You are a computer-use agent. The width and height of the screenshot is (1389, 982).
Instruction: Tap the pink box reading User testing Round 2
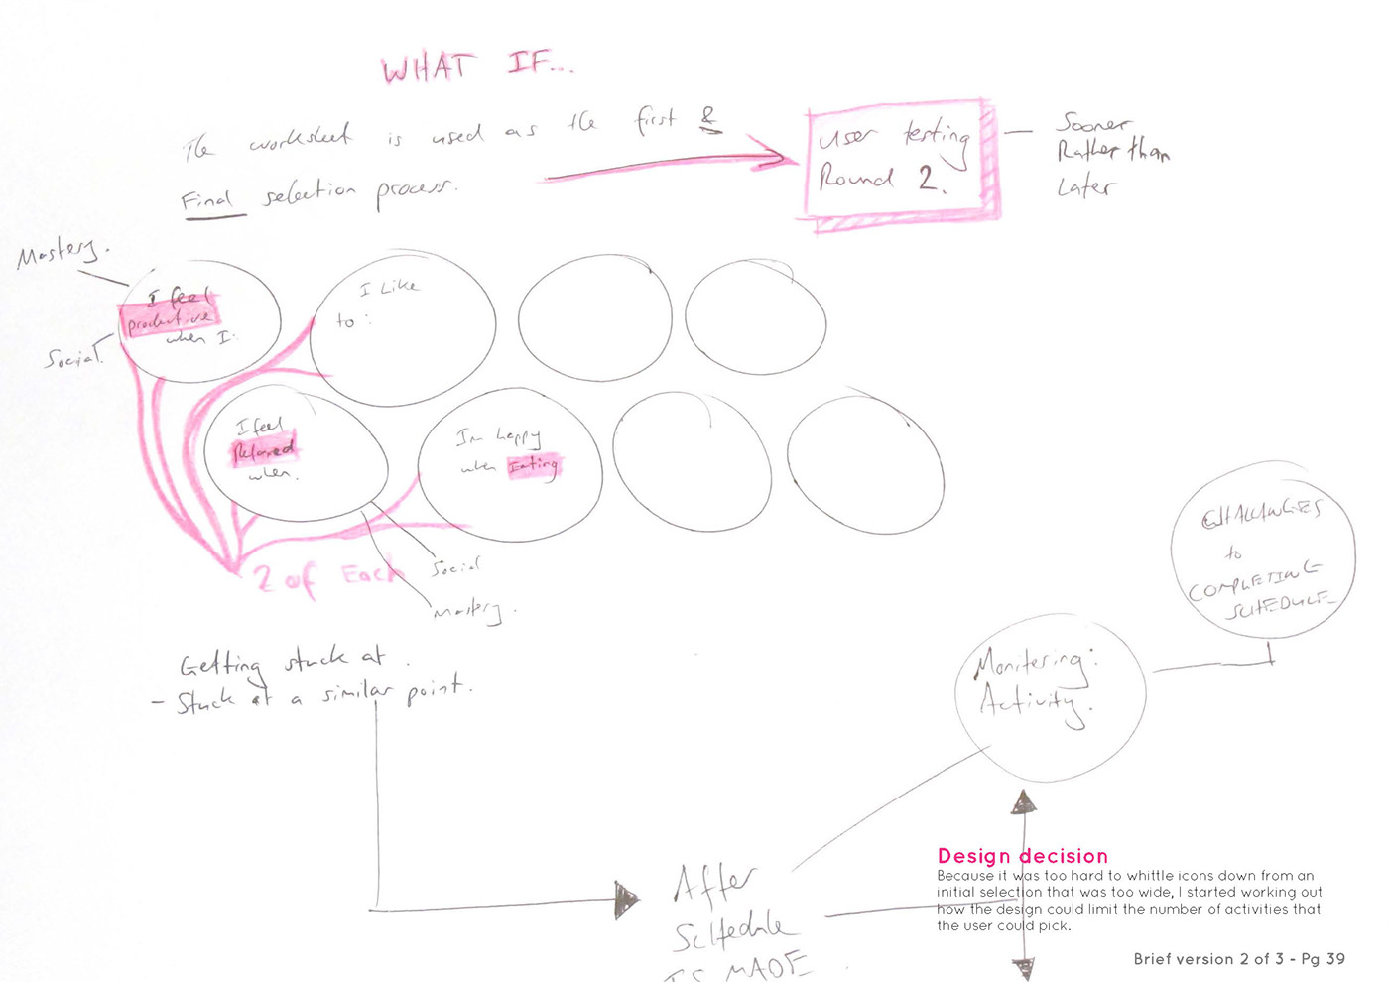898,159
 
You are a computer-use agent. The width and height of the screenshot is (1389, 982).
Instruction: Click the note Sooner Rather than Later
1110,154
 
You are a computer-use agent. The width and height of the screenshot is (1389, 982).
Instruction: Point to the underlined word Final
206,201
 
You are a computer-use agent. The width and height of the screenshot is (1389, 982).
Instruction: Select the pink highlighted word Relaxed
264,450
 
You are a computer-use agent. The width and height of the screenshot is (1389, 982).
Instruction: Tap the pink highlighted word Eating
534,464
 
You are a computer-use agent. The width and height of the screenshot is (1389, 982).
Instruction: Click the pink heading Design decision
1022,856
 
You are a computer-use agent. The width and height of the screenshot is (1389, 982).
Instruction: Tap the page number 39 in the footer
1335,959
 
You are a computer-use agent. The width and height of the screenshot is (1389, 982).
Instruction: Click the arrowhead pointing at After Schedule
626,900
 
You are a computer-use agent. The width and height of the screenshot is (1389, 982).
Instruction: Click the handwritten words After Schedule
729,908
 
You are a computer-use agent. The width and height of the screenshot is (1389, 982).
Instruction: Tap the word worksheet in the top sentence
300,138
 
